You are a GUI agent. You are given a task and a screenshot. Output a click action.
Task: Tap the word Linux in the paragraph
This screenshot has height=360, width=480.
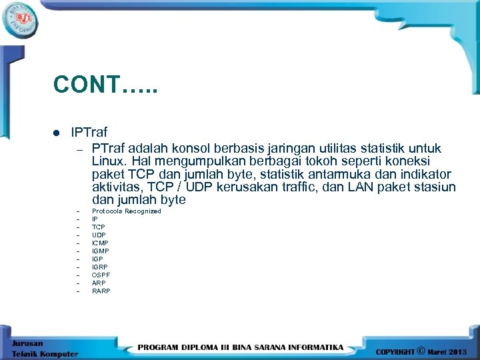point(107,161)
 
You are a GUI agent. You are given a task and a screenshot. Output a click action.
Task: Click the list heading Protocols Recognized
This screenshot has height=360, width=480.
point(126,211)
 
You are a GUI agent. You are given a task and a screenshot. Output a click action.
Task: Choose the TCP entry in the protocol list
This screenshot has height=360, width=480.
point(98,227)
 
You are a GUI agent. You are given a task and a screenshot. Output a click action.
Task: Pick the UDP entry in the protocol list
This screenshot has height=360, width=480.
point(99,235)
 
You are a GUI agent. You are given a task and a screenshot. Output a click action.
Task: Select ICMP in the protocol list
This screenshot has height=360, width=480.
point(100,243)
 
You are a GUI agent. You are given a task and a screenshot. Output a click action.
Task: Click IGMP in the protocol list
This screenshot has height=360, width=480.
point(101,251)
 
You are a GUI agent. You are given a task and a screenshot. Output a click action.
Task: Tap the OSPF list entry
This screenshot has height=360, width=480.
point(101,275)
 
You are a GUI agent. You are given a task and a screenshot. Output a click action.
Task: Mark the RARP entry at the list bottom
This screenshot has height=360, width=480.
point(101,291)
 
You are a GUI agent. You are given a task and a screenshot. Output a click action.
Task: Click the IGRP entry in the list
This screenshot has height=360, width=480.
point(99,267)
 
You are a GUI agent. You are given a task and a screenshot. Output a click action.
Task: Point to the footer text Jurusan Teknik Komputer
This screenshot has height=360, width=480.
point(44,349)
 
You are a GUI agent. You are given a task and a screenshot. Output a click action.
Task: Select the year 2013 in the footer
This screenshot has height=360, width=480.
point(458,351)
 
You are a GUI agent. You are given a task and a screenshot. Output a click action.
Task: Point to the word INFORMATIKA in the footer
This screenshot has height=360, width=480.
point(313,347)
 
